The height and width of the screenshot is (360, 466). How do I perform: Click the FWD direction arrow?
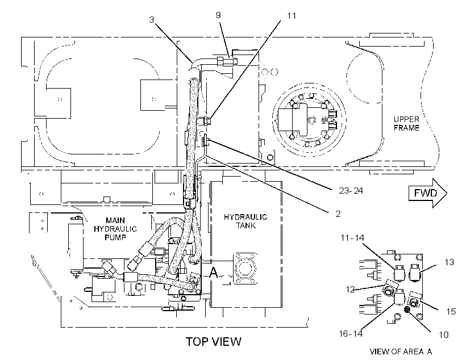[x=428, y=193]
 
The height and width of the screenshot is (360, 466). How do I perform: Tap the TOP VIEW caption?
[x=213, y=342]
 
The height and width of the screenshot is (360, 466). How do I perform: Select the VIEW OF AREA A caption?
[x=401, y=351]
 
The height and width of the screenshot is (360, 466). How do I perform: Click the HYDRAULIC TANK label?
[x=246, y=221]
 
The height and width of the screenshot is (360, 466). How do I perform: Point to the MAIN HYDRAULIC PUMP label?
[x=115, y=229]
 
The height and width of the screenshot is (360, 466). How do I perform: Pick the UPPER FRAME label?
[x=406, y=124]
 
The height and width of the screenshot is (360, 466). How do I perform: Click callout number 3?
[x=152, y=20]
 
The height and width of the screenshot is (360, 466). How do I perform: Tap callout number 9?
[x=218, y=15]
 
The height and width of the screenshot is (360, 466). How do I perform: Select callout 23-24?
[x=351, y=190]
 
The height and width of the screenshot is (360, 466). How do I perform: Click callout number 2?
[x=338, y=214]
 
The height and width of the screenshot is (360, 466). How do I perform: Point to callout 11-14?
[x=352, y=237]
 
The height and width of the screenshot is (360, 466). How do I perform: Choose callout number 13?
[x=450, y=262]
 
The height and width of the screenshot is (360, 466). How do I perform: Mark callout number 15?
[x=451, y=311]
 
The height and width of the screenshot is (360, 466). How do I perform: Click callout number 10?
[x=443, y=335]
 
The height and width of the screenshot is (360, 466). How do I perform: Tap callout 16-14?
[x=351, y=333]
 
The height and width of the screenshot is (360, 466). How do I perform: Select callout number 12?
[x=351, y=289]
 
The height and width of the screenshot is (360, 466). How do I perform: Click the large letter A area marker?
[x=213, y=273]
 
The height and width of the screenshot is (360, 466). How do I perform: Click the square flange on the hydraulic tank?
[x=245, y=268]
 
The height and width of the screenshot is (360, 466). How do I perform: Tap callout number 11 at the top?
[x=292, y=15]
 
